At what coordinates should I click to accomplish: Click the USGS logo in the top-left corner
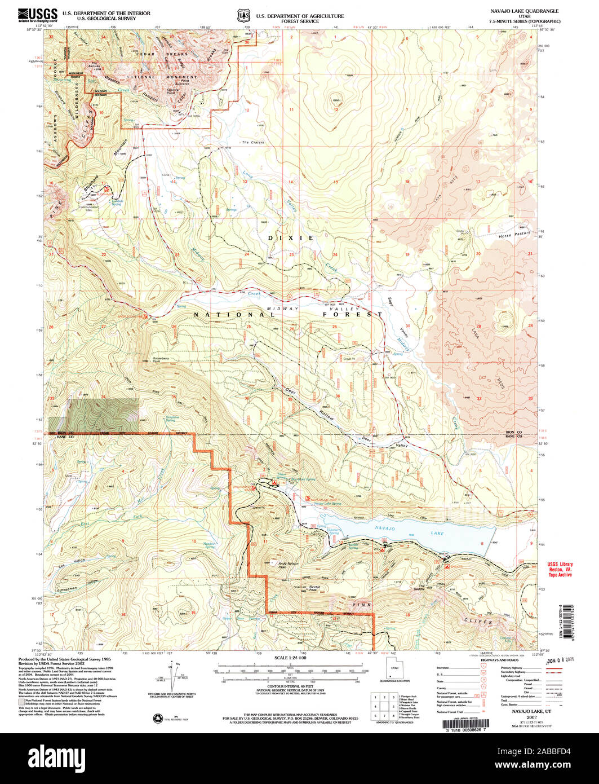click(x=37, y=15)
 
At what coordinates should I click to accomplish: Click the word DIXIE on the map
click(x=291, y=238)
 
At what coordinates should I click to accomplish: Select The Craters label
click(x=253, y=143)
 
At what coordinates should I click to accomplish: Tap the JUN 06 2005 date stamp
click(x=563, y=658)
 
